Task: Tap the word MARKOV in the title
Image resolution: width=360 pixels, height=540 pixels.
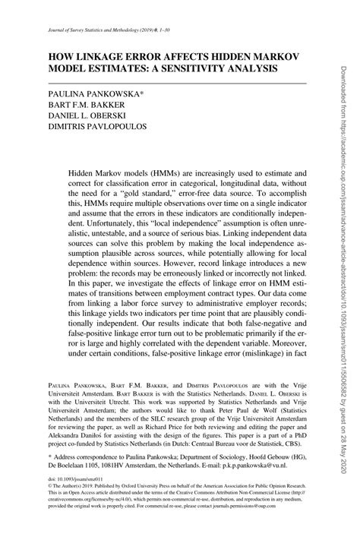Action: click(x=275, y=55)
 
